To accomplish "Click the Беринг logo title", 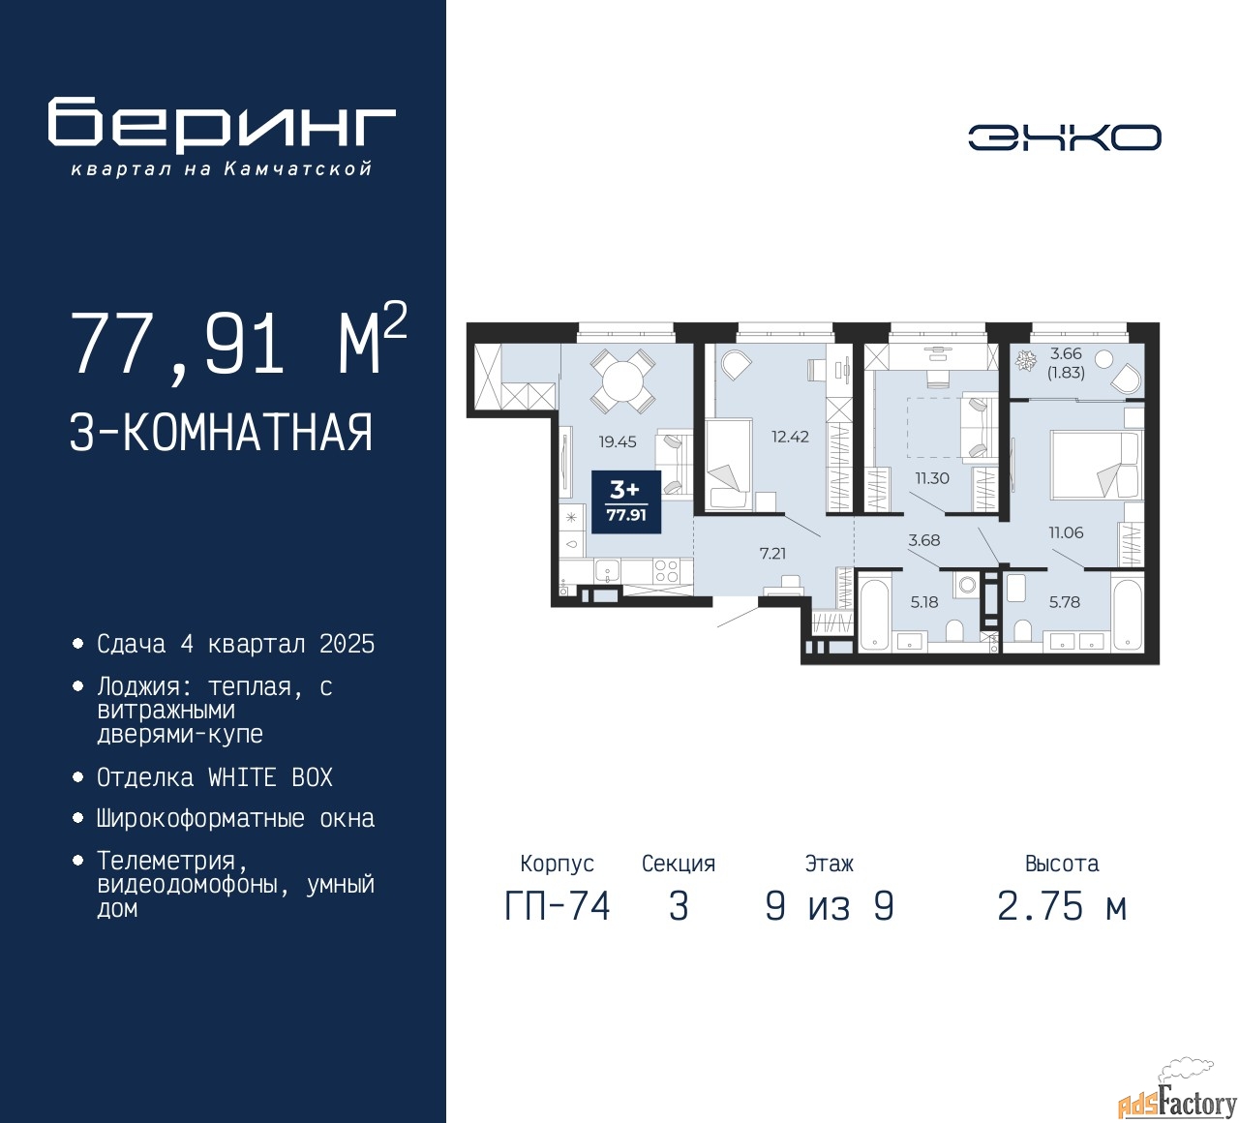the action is (222, 124).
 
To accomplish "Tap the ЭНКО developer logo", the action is (1064, 137).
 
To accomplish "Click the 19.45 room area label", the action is (617, 441).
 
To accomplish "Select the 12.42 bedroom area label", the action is (790, 437).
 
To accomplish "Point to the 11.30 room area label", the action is (932, 478).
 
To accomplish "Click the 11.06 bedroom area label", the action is (1066, 532).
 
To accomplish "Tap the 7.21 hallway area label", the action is (772, 554).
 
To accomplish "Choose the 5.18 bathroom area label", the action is (924, 601).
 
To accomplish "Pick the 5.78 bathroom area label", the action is (1064, 601).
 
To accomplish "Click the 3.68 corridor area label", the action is (924, 540).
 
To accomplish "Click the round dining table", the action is (622, 381).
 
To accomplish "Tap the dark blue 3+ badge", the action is (625, 501).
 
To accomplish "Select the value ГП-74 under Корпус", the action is (558, 907).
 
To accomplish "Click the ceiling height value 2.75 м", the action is (1063, 907).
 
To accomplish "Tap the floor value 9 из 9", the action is (830, 907).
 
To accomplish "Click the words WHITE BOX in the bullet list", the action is (270, 777).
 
